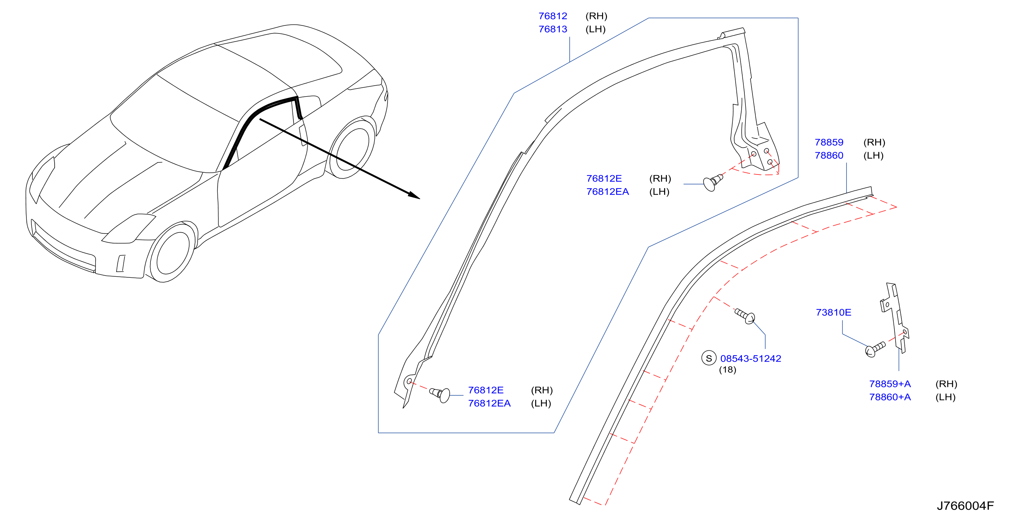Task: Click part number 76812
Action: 553,16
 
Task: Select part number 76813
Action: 553,29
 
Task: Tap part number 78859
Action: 829,142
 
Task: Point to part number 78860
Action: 829,155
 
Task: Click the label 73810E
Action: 833,313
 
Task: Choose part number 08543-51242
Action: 751,359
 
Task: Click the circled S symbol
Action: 709,358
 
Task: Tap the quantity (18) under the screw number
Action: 727,370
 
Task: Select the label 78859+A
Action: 890,384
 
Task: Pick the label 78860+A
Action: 890,397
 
